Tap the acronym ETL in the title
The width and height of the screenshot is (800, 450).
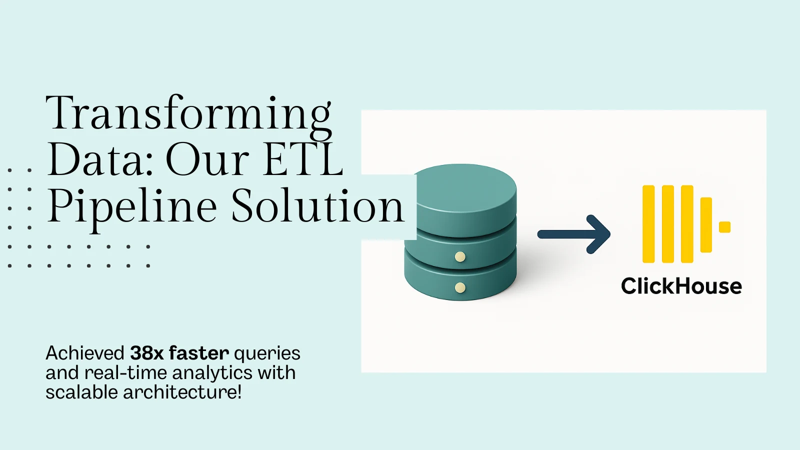click(x=303, y=158)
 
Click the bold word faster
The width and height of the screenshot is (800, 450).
click(x=199, y=353)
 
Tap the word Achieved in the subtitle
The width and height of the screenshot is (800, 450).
click(x=85, y=353)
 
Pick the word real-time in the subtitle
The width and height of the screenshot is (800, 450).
click(x=125, y=372)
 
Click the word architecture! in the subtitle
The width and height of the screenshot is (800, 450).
click(x=182, y=392)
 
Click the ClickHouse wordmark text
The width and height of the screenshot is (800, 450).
click(x=681, y=286)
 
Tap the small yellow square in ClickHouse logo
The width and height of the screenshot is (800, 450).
click(x=724, y=227)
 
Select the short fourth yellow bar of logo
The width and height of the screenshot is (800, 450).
click(x=706, y=225)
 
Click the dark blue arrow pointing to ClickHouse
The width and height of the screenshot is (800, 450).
click(x=574, y=234)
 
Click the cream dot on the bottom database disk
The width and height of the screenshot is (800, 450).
click(x=460, y=287)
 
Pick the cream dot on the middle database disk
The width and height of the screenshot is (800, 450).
click(x=460, y=257)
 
